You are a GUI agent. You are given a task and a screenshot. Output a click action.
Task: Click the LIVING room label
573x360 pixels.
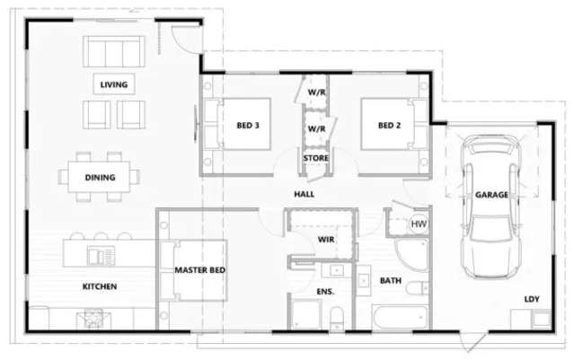point(114,85)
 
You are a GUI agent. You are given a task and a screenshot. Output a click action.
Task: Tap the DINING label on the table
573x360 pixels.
point(101,177)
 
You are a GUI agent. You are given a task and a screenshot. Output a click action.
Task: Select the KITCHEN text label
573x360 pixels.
point(100,286)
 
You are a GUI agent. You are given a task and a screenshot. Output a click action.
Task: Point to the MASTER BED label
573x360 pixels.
point(199,269)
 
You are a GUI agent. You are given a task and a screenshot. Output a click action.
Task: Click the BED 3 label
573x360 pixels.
point(248,125)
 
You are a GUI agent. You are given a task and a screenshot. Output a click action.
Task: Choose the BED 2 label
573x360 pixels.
point(388,125)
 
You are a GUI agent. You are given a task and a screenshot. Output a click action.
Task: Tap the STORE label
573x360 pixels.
point(315,158)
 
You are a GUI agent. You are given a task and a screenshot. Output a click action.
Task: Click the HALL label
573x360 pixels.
point(304,194)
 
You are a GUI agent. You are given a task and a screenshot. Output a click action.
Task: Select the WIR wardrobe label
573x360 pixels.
point(326,239)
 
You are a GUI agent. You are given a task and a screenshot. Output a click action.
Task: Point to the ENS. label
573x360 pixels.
point(325,292)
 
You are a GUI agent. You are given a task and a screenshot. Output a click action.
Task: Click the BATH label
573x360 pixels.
point(391,281)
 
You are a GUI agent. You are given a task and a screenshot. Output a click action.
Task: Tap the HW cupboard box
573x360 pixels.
point(418,224)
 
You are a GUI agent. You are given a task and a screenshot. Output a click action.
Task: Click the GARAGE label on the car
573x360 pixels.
point(491,194)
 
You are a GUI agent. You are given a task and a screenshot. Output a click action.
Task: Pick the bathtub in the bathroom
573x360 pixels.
point(401,319)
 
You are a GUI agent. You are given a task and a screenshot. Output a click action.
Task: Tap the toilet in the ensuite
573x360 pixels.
point(334,317)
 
